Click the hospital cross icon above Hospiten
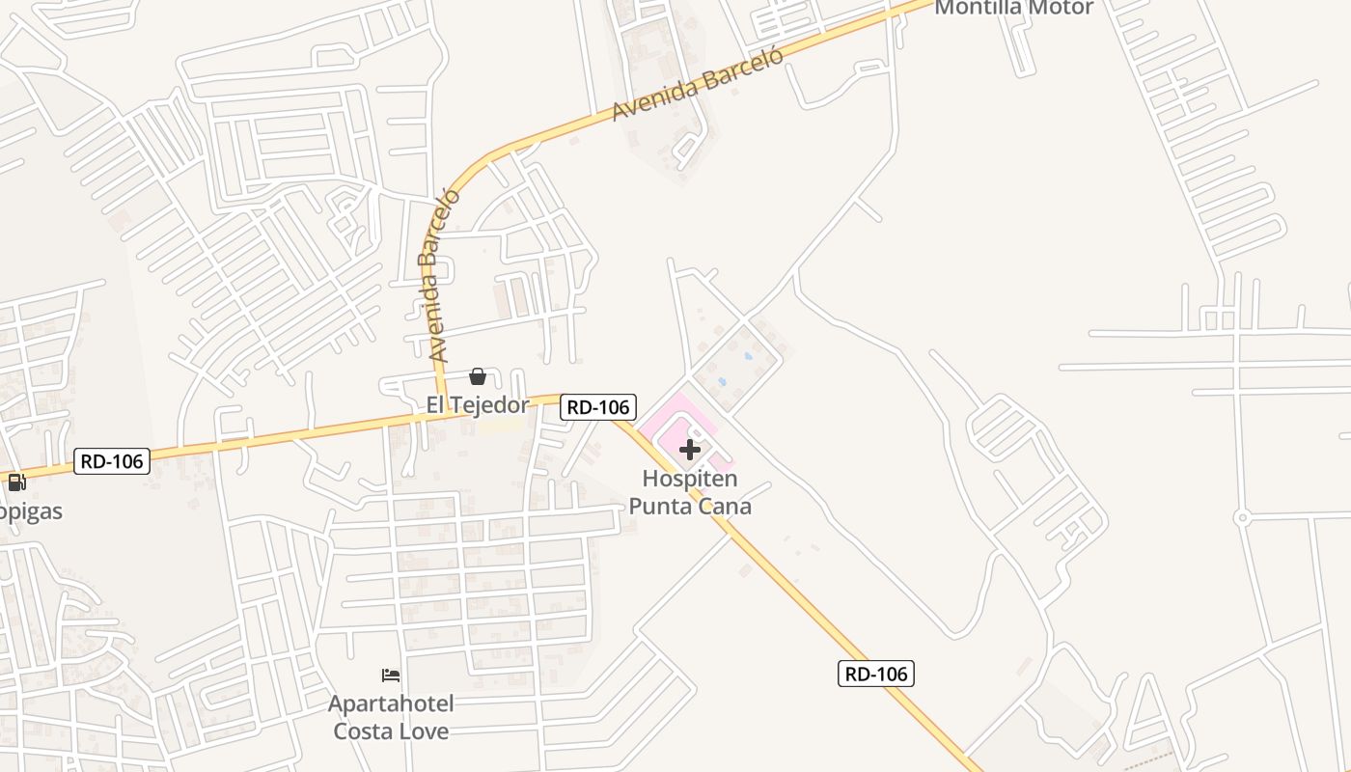[x=690, y=450]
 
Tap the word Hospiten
[x=690, y=479]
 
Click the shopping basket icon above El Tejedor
[x=477, y=376]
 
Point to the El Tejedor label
[x=478, y=404]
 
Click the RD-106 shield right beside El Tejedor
[x=598, y=407]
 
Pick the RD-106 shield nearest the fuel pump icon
[x=112, y=461]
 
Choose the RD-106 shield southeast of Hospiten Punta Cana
[x=875, y=674]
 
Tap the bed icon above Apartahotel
[x=391, y=675]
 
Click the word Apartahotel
[x=391, y=703]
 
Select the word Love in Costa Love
[x=425, y=731]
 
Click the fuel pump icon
[x=16, y=482]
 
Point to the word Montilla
[x=979, y=8]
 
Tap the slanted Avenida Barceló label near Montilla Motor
[x=697, y=83]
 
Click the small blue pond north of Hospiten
[x=749, y=356]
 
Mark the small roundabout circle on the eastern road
[x=1243, y=518]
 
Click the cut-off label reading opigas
[x=31, y=510]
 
